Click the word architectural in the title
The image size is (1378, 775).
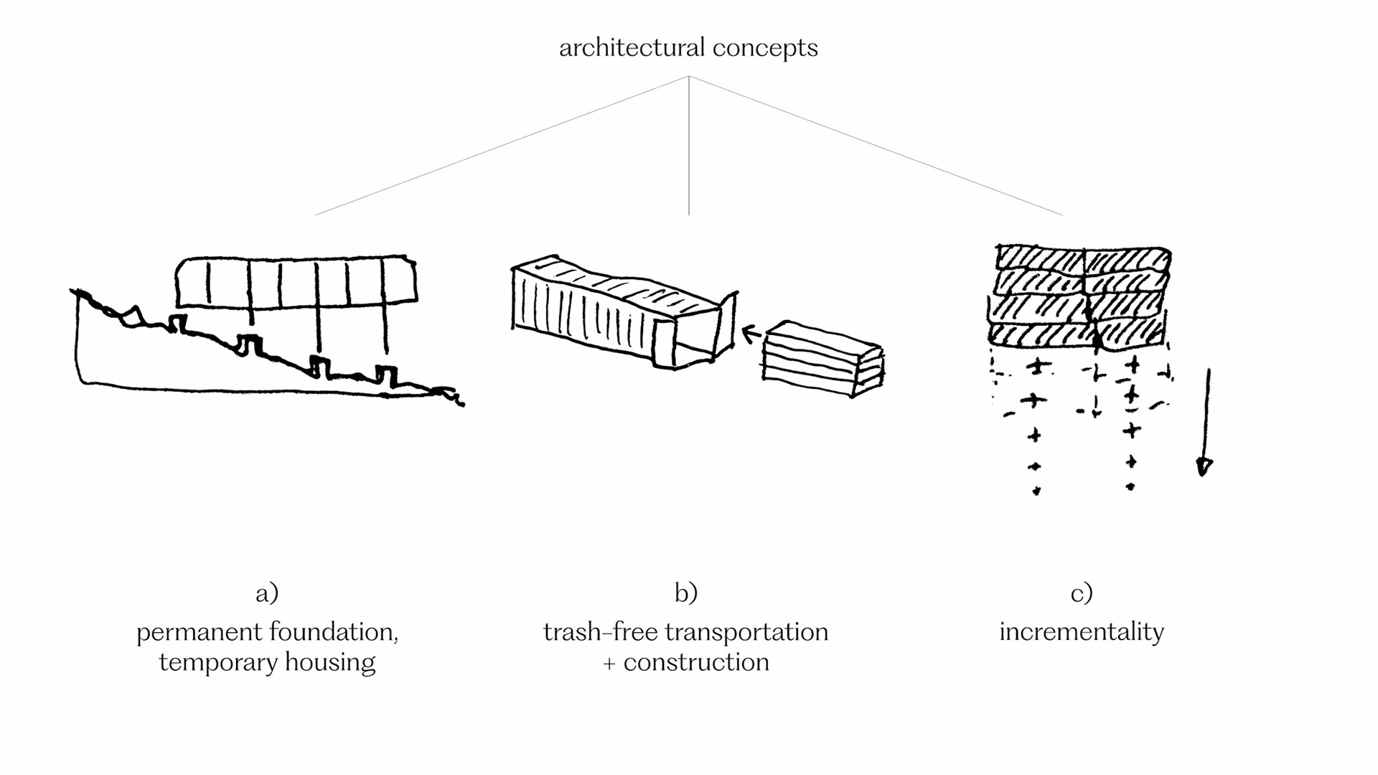[632, 48]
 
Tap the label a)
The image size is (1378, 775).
[267, 593]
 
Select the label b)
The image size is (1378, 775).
[686, 593]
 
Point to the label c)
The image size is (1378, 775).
[1082, 593]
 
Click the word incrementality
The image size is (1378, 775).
[1082, 631]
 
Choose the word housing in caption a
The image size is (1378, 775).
[330, 662]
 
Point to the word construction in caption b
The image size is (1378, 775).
[696, 662]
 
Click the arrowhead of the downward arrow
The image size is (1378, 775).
[1204, 467]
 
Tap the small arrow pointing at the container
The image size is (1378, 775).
[751, 334]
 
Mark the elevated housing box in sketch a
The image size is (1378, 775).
[296, 281]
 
